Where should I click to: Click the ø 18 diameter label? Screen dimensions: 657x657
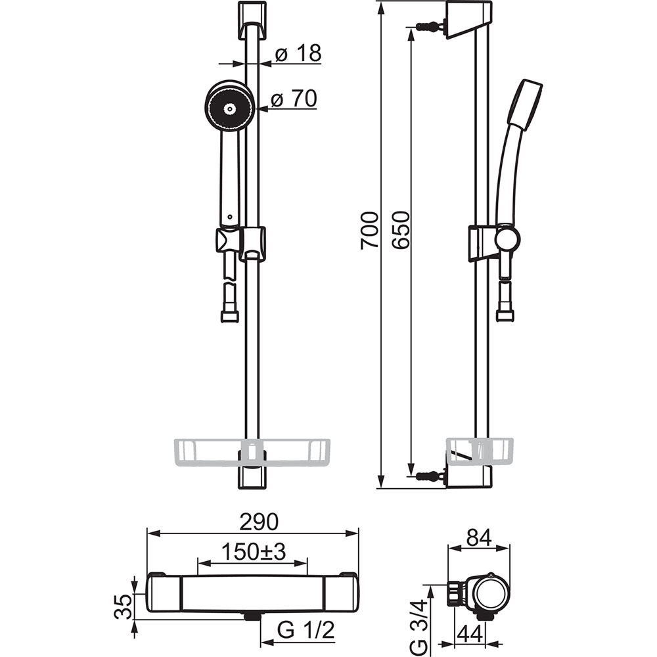tap(298, 54)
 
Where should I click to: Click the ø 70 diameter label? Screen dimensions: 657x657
tap(294, 99)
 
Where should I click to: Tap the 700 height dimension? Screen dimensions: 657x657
tap(370, 230)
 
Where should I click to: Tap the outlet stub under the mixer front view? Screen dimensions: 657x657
tap(250, 617)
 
